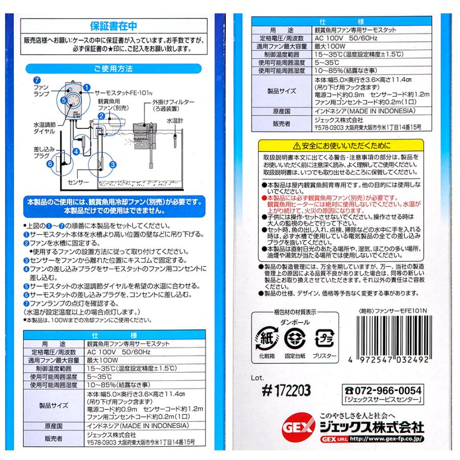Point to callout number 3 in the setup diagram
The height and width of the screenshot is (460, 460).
(x=112, y=164)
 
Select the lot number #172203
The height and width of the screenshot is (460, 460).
(x=288, y=392)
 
